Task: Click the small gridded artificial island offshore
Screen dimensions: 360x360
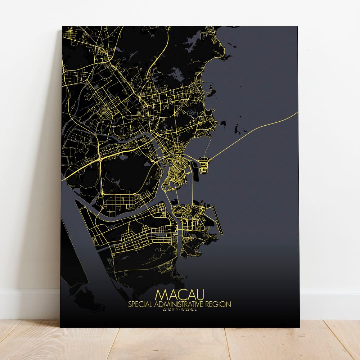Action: [x=204, y=165]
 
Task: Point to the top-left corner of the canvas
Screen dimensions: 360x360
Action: [x=62, y=26]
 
